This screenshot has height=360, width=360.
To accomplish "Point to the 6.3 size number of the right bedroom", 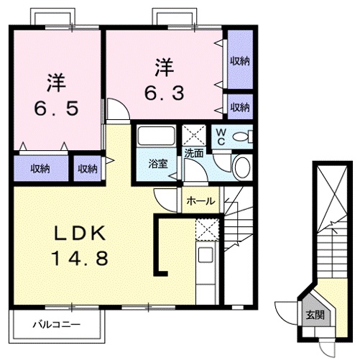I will pos(163,93).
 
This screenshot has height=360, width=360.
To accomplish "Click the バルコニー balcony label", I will pos(56,325).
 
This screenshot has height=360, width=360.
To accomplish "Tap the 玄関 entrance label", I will pos(315,315).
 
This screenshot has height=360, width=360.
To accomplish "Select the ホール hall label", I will pos(200,201).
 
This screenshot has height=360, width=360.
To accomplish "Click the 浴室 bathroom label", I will pos(158,164).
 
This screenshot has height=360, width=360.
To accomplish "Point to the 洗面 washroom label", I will pos(194,152).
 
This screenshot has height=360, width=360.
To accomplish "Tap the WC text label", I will pos(221,137).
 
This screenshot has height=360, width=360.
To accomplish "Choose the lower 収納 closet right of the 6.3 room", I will pos(239,107).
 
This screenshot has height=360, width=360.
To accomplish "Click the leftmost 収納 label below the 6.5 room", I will pos(40,168).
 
